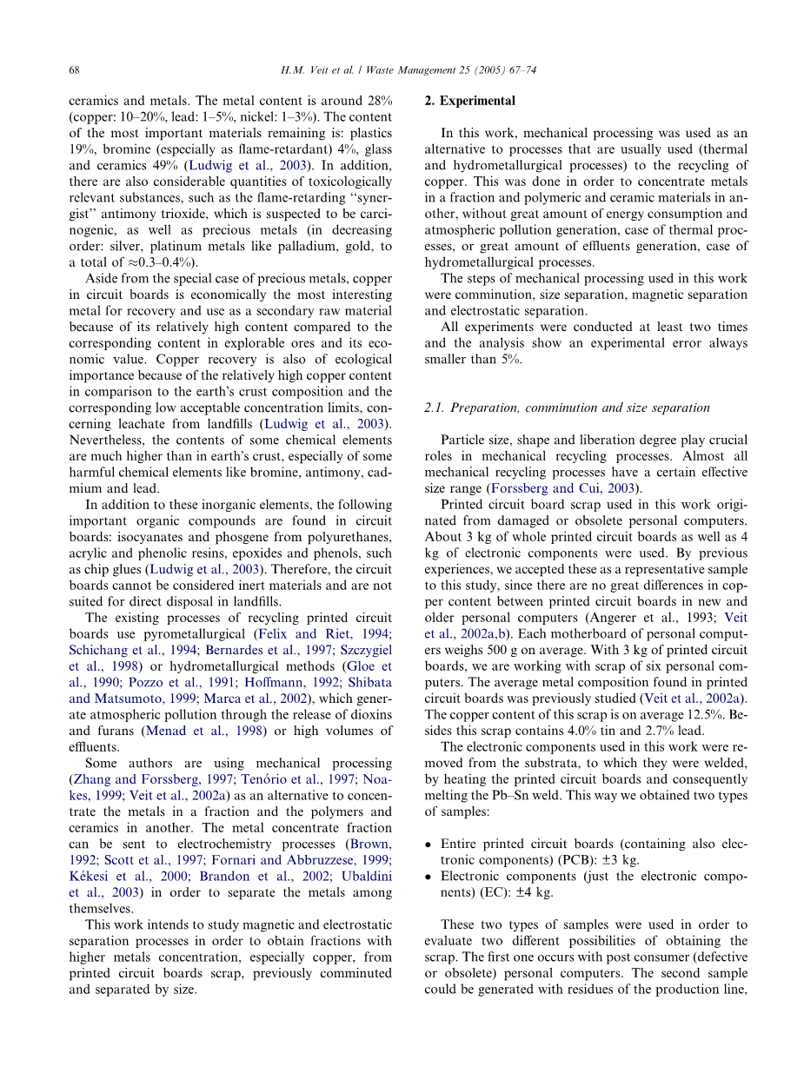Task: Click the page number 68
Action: pyautogui.click(x=74, y=70)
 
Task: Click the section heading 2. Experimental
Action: pyautogui.click(x=469, y=101)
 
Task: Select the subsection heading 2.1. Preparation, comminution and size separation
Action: pyautogui.click(x=567, y=407)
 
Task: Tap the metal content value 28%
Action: pyautogui.click(x=378, y=101)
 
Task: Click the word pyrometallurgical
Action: pyautogui.click(x=207, y=634)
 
